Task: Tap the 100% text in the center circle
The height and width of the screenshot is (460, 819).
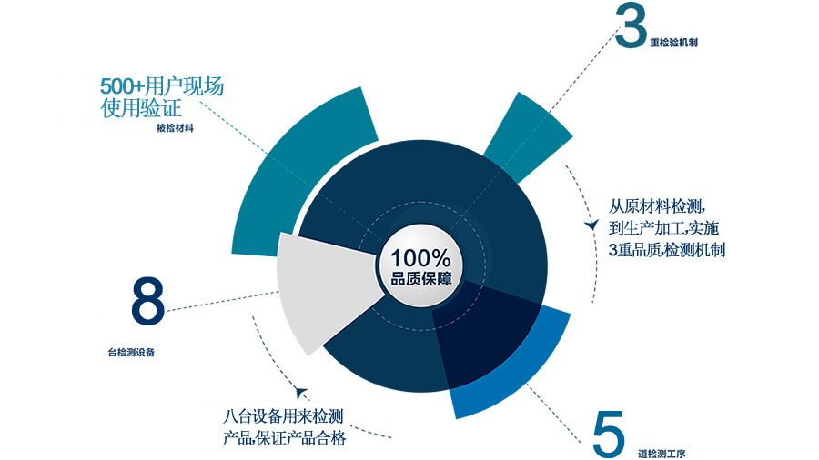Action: (x=420, y=257)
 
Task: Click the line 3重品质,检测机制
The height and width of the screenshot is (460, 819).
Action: (x=666, y=250)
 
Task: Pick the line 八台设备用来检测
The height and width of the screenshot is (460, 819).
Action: (x=283, y=417)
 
